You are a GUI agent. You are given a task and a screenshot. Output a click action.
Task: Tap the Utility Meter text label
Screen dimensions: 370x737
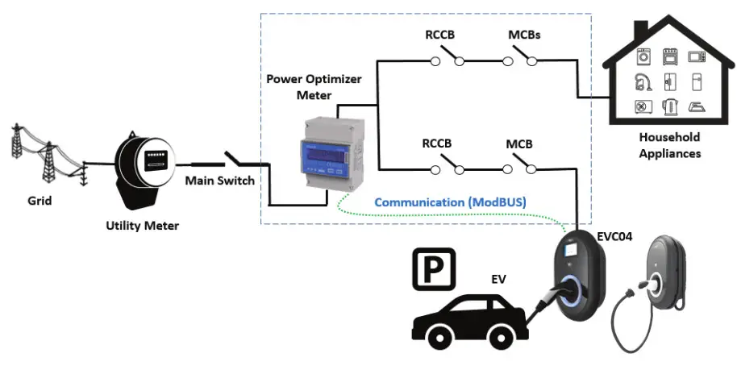(x=142, y=226)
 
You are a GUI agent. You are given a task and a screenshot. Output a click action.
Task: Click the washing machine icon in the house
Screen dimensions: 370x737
(x=644, y=57)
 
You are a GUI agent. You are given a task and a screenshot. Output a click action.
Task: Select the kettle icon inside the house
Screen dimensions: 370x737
(x=671, y=106)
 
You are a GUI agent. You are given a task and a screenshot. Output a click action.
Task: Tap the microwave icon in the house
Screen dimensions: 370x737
(x=696, y=56)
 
